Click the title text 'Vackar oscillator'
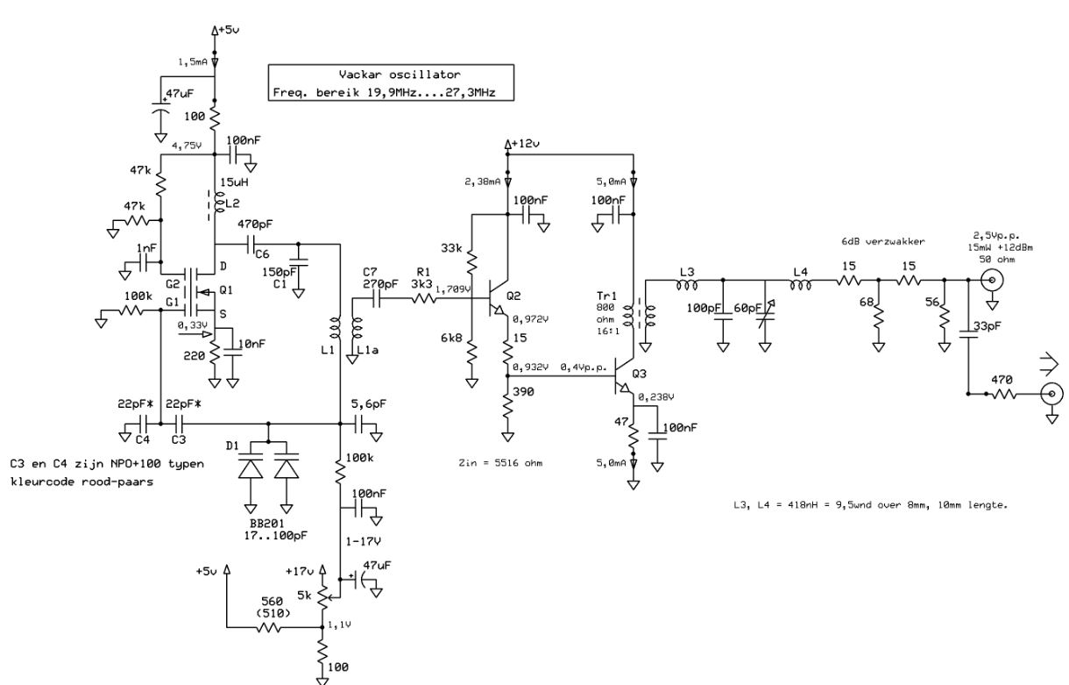click(x=400, y=75)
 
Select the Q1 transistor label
click(x=226, y=290)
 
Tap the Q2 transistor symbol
click(x=495, y=299)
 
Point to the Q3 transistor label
click(x=639, y=374)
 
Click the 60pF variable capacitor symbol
click(x=766, y=314)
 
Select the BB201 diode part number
click(x=266, y=524)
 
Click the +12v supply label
click(x=526, y=144)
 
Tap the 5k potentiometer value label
click(x=304, y=596)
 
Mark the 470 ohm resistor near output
click(x=1004, y=395)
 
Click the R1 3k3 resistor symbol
click(x=423, y=299)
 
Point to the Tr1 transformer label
click(x=606, y=296)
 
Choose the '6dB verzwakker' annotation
click(x=883, y=242)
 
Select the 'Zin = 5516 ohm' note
click(x=500, y=463)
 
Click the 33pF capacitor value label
click(x=988, y=326)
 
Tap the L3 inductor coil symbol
click(x=687, y=285)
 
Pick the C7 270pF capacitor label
click(x=380, y=278)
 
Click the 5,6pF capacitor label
click(x=368, y=404)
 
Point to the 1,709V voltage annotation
click(x=453, y=289)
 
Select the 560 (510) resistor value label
click(x=273, y=607)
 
